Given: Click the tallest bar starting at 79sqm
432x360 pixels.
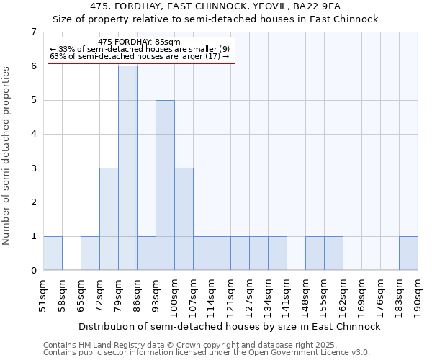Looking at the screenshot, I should pyautogui.click(x=127, y=168).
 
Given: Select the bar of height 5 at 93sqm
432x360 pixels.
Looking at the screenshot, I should pyautogui.click(x=165, y=185).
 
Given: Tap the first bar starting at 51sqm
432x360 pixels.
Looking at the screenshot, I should pyautogui.click(x=53, y=253).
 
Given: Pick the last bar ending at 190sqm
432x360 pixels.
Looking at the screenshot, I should pyautogui.click(x=408, y=253).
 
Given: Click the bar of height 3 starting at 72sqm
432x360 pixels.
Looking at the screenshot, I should pyautogui.click(x=109, y=219).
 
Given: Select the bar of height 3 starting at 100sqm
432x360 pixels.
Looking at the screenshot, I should pyautogui.click(x=184, y=219).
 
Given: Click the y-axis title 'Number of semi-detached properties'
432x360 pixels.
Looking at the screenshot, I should pyautogui.click(x=7, y=156).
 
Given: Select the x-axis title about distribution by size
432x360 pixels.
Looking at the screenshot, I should pyautogui.click(x=229, y=326).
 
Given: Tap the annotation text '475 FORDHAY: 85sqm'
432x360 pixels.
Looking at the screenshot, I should pyautogui.click(x=139, y=42).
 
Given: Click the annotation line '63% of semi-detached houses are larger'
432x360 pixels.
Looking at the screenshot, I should pyautogui.click(x=139, y=56).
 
